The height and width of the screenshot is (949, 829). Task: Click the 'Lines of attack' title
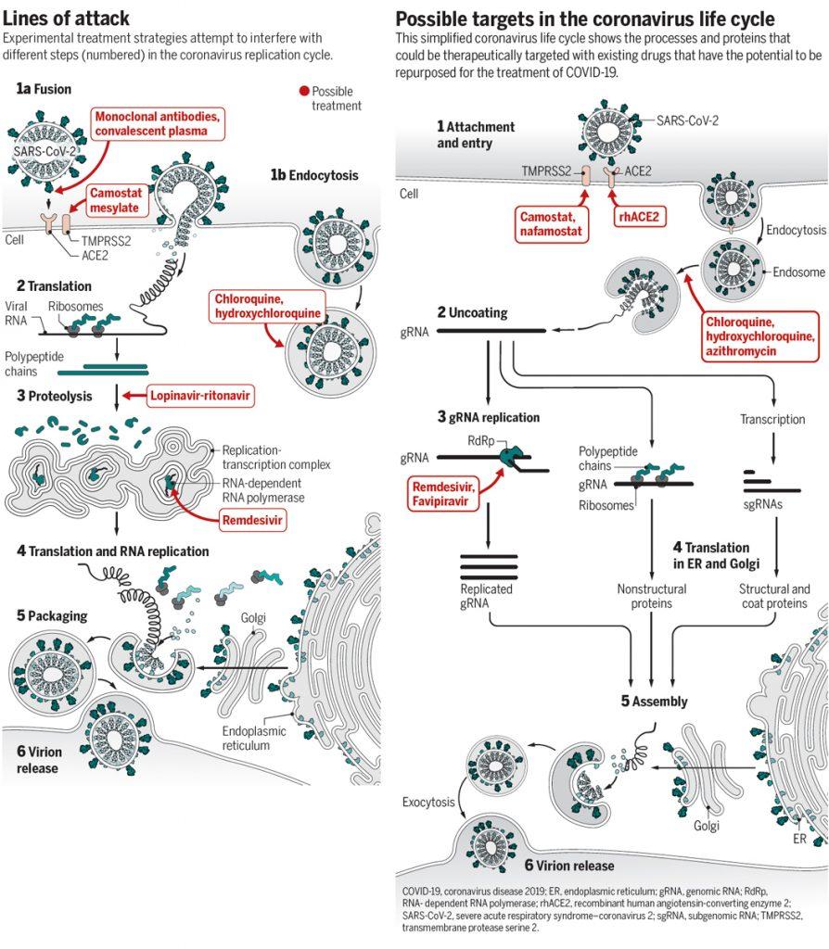click(x=66, y=18)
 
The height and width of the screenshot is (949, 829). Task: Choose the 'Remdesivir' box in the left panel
click(x=252, y=520)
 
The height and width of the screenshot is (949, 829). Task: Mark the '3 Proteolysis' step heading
click(x=55, y=396)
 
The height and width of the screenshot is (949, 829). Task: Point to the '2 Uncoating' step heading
click(x=472, y=312)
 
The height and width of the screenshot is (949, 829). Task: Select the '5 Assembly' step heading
click(x=654, y=701)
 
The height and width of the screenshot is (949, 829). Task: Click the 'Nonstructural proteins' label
click(x=652, y=595)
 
